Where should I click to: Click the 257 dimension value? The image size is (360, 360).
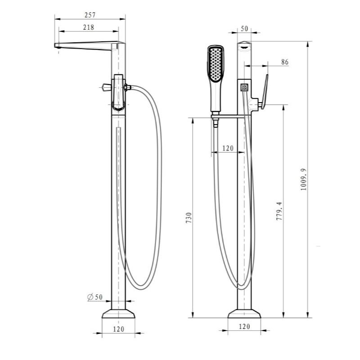[90, 15]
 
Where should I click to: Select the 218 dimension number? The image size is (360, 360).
[89, 27]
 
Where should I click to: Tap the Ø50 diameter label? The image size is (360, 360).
[95, 297]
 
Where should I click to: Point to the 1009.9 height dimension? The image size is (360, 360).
[303, 179]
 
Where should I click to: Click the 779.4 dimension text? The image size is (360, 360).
[279, 211]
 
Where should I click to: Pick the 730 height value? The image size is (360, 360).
[189, 218]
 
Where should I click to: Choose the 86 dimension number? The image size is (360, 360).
[285, 62]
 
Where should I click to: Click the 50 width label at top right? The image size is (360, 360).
[244, 29]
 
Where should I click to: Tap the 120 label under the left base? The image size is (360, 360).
[118, 329]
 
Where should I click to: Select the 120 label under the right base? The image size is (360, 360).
[244, 327]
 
